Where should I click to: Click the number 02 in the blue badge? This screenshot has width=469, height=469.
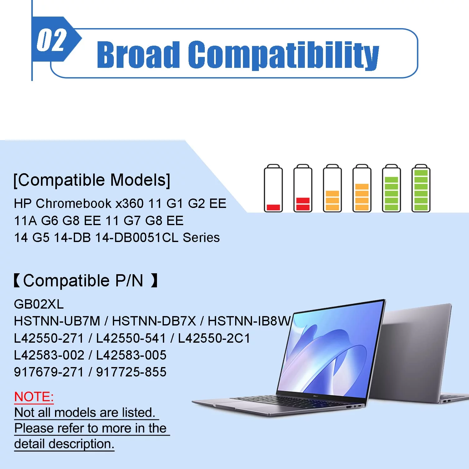pos(52,40)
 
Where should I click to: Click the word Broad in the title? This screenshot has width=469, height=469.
pos(138,54)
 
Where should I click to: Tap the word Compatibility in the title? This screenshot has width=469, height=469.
pos(284,55)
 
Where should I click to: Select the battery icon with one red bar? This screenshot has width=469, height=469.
pos(273,188)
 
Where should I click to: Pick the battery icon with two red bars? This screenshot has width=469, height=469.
pos(303,188)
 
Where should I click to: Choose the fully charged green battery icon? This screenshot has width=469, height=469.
pos(421,188)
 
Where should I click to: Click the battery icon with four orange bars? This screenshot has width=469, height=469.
pos(362,188)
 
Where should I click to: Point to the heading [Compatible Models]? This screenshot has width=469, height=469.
pos(92,180)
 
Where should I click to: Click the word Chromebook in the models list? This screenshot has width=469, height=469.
pos(74,204)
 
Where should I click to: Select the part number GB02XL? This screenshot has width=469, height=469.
pos(39,304)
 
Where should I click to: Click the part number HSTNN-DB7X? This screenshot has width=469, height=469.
pos(154,321)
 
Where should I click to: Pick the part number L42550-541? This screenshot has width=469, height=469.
pos(131,338)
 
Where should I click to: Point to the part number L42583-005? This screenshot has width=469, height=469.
pos(131,355)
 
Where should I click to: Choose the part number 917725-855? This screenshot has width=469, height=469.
pos(131,372)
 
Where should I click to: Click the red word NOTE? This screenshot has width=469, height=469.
pos(34,397)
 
